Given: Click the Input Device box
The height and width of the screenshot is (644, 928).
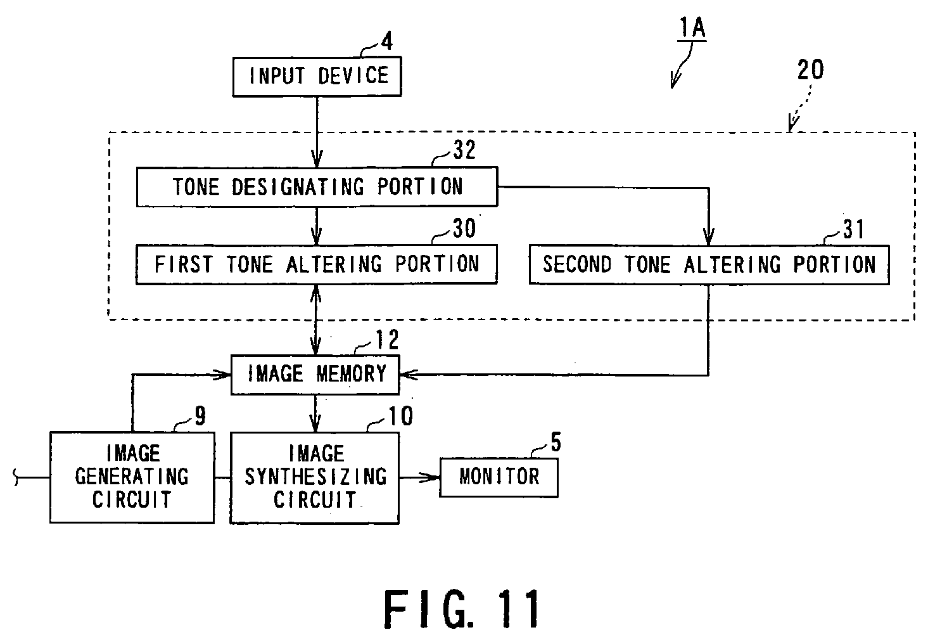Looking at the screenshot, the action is click(x=317, y=77).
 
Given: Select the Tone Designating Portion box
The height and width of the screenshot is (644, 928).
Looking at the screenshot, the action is click(x=317, y=186).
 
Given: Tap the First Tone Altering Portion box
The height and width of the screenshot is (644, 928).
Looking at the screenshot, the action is click(x=317, y=264).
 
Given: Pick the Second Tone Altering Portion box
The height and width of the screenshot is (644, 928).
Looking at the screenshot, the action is click(x=709, y=265).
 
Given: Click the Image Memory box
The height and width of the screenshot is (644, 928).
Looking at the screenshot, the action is click(x=315, y=375).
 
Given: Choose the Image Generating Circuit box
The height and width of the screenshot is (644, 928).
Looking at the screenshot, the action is click(x=132, y=477).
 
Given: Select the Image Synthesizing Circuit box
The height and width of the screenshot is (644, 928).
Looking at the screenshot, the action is click(x=315, y=478).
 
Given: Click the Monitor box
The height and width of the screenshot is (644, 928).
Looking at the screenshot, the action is click(x=499, y=477).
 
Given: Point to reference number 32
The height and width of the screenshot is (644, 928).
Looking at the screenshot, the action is click(x=464, y=150).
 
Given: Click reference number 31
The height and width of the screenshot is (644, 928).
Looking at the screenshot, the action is click(x=854, y=229).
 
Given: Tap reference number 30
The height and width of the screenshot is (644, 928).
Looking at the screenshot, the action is click(x=464, y=228).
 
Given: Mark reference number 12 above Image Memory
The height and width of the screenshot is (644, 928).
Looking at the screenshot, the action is click(x=387, y=340).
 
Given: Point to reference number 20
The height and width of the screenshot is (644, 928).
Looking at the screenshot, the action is click(x=811, y=70).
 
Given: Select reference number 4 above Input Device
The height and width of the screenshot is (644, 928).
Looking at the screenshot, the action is click(x=386, y=41).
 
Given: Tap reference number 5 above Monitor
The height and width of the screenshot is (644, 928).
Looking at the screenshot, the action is click(x=556, y=442).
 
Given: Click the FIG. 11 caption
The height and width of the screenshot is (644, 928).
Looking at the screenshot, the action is click(x=462, y=609).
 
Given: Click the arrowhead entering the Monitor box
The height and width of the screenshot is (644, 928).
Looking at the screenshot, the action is click(x=431, y=478).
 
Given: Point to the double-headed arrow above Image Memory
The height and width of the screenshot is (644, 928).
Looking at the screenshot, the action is click(x=315, y=319).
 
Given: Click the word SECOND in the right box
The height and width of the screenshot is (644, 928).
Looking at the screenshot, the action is click(x=577, y=264).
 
